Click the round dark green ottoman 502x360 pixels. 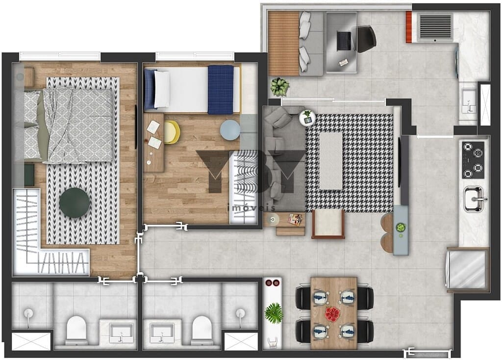tap(75, 202)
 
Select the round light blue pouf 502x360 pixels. tap(230, 130)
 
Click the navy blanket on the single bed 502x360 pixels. tap(220, 90)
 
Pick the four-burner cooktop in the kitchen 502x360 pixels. tap(473, 160)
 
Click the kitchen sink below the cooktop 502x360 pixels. tap(474, 199)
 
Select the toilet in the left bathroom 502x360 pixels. tap(76, 329)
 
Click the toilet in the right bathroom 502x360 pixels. tap(201, 329)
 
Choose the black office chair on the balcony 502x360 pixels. tap(365, 38)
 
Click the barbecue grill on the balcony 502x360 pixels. tap(435, 26)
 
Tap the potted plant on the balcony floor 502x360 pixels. tap(279, 87)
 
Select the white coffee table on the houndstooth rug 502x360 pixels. tap(331, 160)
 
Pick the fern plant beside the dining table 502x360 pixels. tap(274, 313)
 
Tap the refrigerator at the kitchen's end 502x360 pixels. tap(468, 270)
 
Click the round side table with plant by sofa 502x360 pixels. tap(307, 117)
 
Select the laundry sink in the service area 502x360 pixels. tap(468, 101)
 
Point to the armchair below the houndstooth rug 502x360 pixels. tap(328, 224)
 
